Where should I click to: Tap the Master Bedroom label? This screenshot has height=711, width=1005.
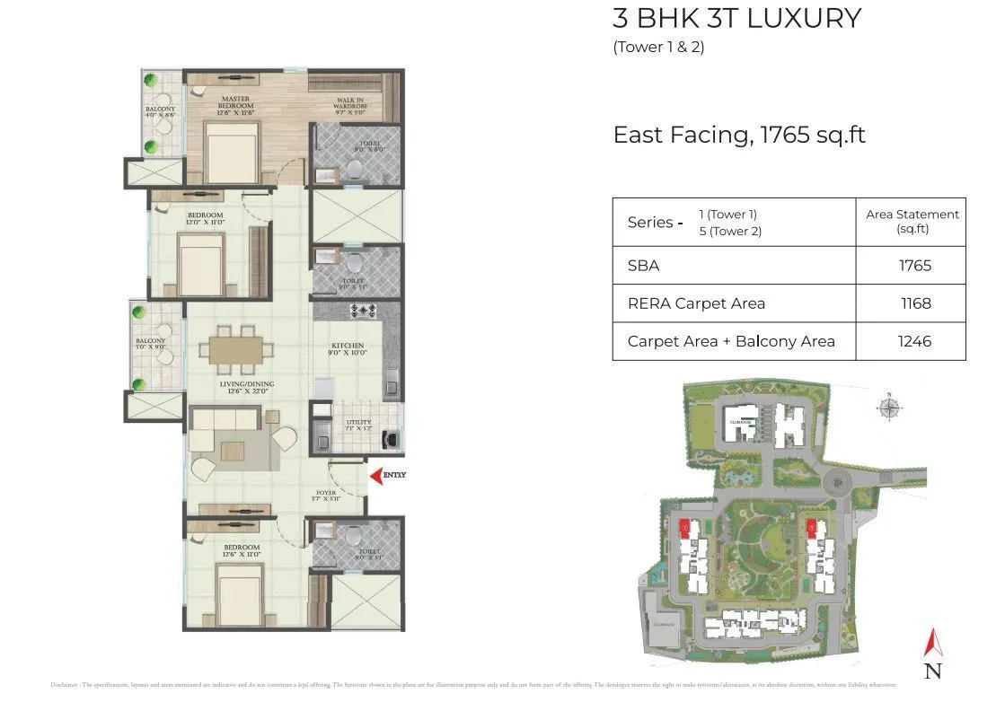click(x=234, y=102)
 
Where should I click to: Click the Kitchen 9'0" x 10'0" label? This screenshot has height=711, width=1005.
click(x=348, y=349)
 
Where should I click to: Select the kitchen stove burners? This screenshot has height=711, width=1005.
click(x=366, y=311)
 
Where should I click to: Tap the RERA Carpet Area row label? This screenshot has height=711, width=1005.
click(x=696, y=303)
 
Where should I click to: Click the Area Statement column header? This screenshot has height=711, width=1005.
click(x=912, y=221)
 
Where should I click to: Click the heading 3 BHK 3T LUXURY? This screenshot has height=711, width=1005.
click(x=736, y=18)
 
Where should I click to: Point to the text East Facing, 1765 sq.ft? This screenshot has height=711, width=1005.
click(x=738, y=135)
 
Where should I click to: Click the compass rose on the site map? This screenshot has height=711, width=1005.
click(x=889, y=409)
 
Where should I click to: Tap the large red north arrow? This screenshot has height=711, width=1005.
click(x=933, y=644)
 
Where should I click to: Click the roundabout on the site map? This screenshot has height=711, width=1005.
click(x=836, y=483)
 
